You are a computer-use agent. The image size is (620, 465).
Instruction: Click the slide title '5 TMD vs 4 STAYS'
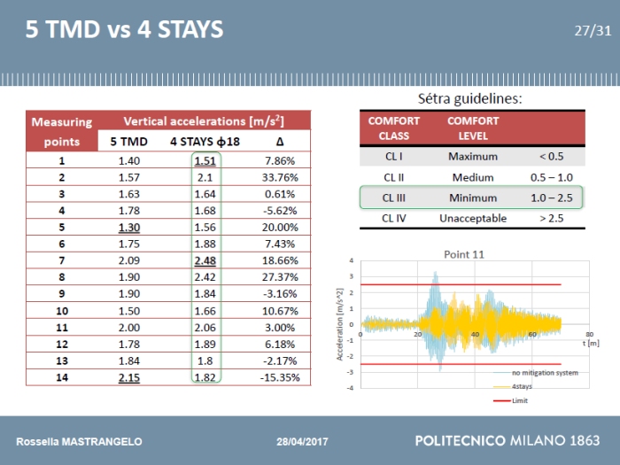pos(124,31)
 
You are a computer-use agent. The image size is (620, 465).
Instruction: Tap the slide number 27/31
pos(593,30)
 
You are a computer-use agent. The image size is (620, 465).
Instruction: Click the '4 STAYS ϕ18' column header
pos(205,141)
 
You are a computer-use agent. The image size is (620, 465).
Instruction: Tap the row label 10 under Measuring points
pos(62,312)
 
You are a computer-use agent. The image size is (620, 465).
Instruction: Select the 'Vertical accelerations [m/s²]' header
pos(204,121)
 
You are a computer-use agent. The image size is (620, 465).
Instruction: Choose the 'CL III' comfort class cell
pos(394,198)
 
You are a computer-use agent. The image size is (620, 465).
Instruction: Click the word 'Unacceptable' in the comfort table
pos(473,218)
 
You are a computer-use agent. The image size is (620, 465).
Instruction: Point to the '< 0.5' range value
pos(551,156)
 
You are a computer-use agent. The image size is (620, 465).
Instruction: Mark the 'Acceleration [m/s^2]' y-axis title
pos(340,323)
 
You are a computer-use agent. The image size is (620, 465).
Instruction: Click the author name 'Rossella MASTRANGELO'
pos(79,441)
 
